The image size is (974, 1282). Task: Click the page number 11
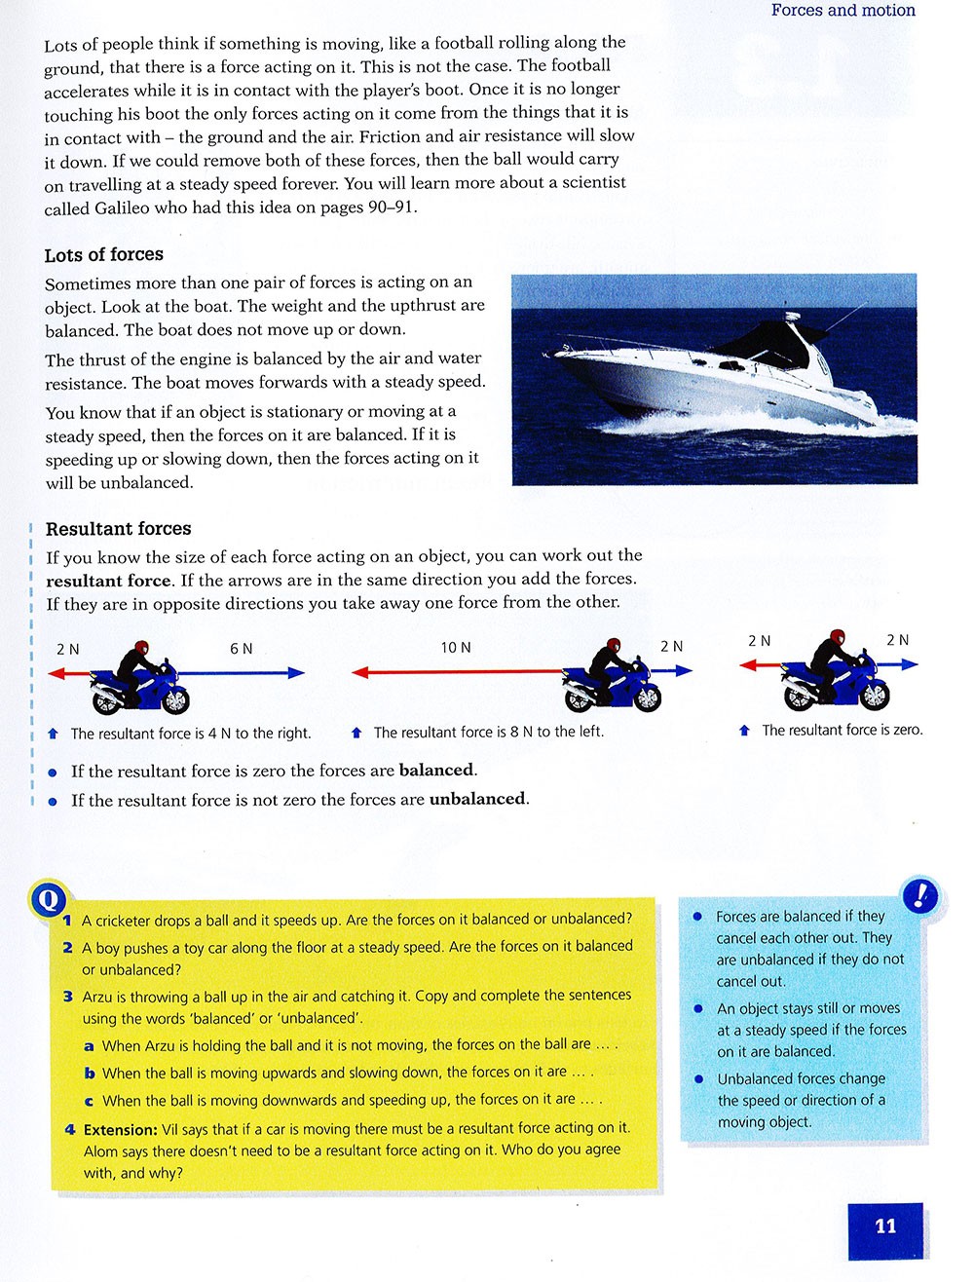(885, 1226)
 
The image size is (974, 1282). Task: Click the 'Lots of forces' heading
(103, 255)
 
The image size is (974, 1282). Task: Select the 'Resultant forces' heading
(118, 529)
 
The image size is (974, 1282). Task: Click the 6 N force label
(241, 649)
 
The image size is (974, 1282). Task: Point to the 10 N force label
(455, 648)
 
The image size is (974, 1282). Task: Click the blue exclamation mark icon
(920, 894)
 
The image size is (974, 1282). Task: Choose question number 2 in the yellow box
(68, 947)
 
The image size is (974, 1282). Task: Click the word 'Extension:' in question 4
(120, 1130)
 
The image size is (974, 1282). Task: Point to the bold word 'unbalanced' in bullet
(477, 800)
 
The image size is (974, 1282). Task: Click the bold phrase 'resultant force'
(108, 581)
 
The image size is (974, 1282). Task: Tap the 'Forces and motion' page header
(843, 11)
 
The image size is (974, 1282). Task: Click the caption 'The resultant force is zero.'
(842, 730)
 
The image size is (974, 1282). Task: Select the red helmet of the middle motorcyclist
(613, 646)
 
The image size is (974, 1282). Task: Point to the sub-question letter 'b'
(89, 1074)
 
